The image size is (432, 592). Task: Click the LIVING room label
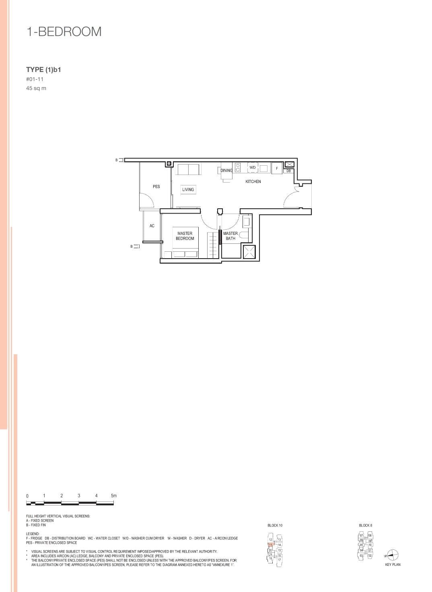188,189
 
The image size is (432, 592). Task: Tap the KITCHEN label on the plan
253,182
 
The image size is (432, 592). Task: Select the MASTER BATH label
230,236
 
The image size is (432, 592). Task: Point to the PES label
156,187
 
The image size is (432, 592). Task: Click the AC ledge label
152,226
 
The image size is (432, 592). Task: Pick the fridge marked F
276,168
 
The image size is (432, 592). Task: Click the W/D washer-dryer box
253,167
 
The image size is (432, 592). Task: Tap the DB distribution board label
288,171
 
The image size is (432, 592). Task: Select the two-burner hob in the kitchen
238,168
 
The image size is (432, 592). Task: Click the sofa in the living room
189,169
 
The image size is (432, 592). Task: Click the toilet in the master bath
244,236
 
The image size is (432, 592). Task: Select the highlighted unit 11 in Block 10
271,545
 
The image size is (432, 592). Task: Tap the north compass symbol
393,555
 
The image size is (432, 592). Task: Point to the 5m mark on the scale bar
114,496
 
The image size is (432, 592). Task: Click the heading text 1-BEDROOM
64,32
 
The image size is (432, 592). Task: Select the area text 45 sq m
36,88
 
